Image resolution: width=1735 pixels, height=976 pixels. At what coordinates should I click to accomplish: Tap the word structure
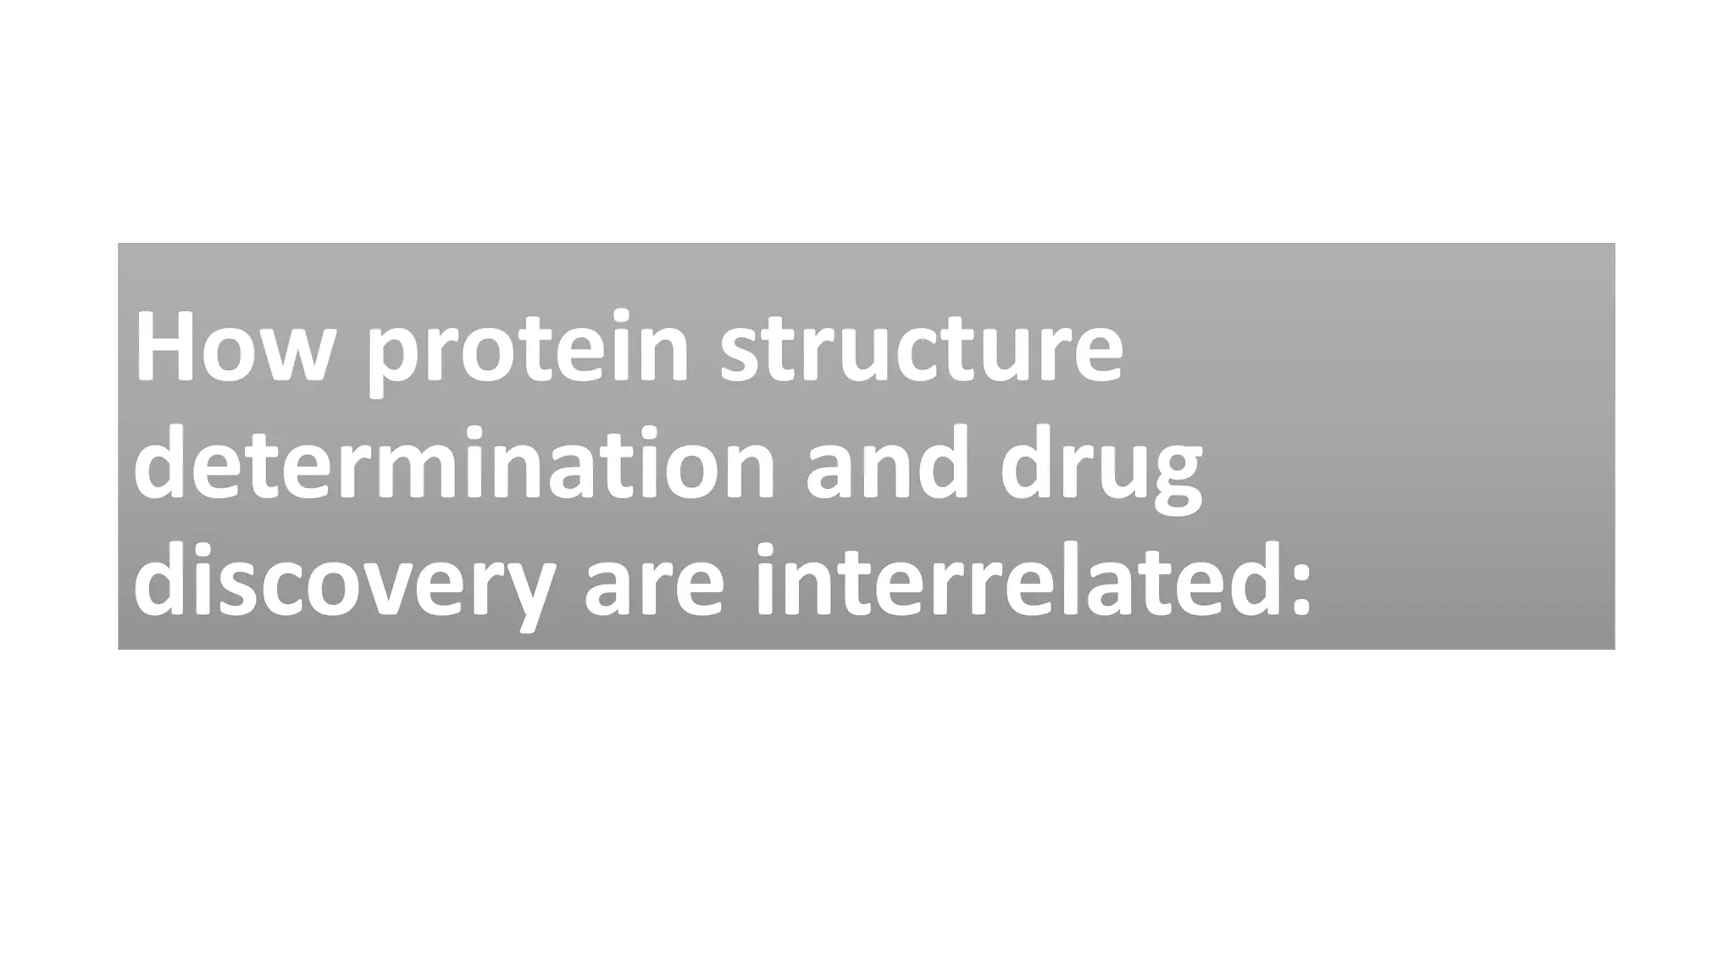(922, 347)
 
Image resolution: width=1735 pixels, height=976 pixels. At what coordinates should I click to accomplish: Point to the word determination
(454, 464)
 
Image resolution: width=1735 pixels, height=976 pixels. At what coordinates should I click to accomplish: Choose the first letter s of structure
(740, 353)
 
